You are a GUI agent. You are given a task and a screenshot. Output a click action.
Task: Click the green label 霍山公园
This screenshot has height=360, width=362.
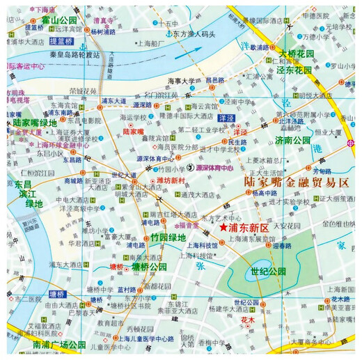point(58,19)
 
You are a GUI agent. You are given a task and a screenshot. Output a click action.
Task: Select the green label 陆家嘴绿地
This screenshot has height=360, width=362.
point(34,123)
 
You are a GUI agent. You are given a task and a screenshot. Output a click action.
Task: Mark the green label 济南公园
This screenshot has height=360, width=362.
point(292,140)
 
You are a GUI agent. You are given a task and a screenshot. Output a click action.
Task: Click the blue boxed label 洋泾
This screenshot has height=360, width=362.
point(225,119)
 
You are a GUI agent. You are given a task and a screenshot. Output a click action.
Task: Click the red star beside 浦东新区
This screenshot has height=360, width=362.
point(223,227)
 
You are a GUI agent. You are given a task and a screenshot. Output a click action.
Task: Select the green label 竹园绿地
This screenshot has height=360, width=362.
point(168,237)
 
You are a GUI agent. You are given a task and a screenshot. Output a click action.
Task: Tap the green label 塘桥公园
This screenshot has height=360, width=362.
point(148,267)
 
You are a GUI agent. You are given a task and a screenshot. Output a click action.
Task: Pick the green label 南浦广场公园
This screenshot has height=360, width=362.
point(49,345)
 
